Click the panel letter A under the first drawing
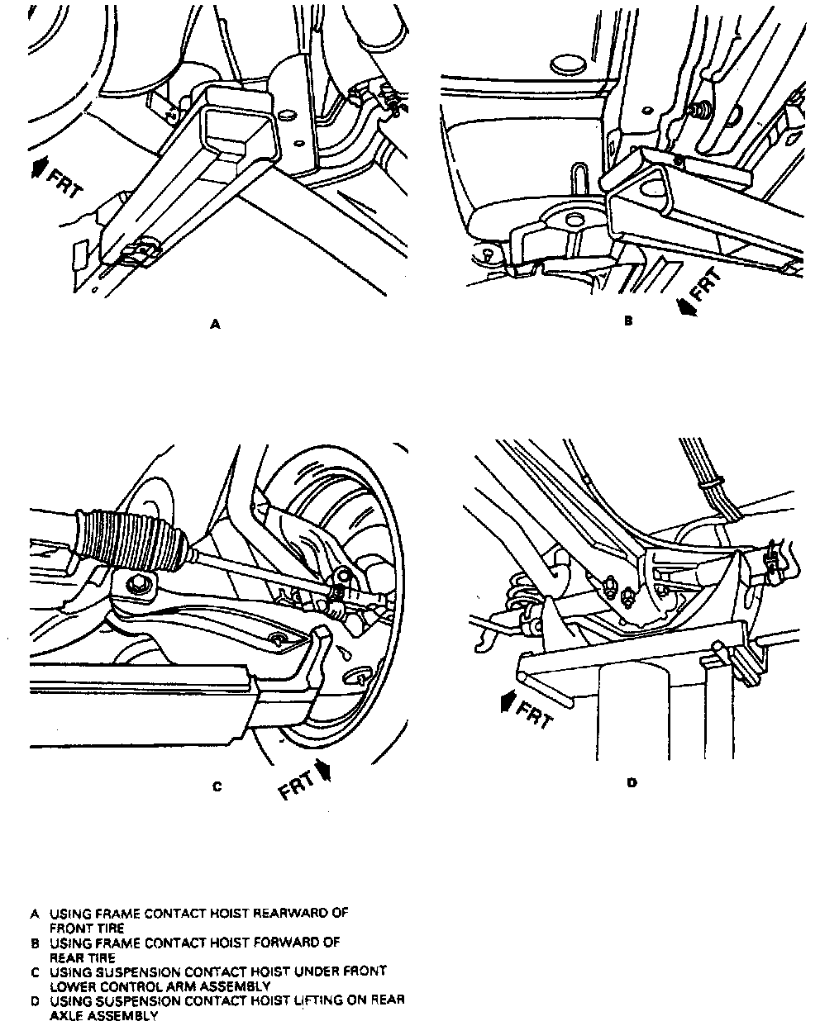pyautogui.click(x=216, y=325)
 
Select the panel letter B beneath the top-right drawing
pyautogui.click(x=627, y=321)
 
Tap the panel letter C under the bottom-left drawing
pyautogui.click(x=217, y=786)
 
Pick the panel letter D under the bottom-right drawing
pyautogui.click(x=632, y=781)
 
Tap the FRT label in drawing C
pyautogui.click(x=297, y=785)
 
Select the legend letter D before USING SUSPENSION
pyautogui.click(x=35, y=1000)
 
